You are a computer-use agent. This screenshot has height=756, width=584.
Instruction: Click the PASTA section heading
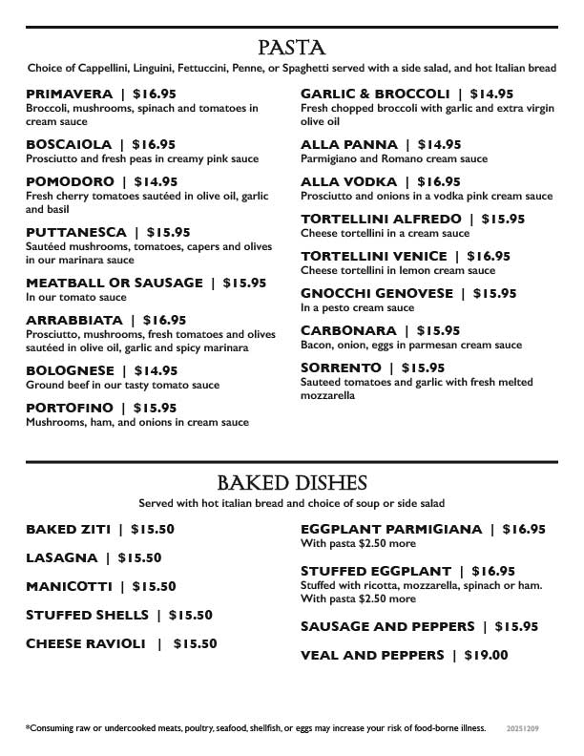[x=292, y=48]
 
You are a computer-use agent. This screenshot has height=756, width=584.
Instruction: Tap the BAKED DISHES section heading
[x=292, y=483]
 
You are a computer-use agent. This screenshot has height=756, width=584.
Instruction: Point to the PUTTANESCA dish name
[x=75, y=232]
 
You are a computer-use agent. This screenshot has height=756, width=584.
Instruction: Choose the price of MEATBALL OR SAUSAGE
[x=244, y=283]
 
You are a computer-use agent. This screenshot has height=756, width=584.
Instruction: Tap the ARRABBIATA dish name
[x=73, y=320]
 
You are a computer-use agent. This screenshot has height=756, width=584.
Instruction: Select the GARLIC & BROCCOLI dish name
[x=375, y=94]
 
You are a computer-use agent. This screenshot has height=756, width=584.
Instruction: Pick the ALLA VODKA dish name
[x=348, y=181]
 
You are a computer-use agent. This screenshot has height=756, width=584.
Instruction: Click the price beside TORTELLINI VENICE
[x=489, y=256]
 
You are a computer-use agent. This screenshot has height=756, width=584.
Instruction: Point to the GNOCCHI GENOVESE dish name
[x=376, y=293]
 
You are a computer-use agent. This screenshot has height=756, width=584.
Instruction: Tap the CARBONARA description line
[x=411, y=345]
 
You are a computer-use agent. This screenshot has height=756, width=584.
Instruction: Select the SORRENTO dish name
[x=341, y=367]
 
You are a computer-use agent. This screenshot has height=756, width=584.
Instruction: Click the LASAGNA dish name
[x=62, y=557]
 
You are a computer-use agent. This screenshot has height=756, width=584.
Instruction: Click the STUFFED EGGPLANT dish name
[x=374, y=571]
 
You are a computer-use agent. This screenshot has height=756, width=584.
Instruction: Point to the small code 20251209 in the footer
[x=523, y=728]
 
